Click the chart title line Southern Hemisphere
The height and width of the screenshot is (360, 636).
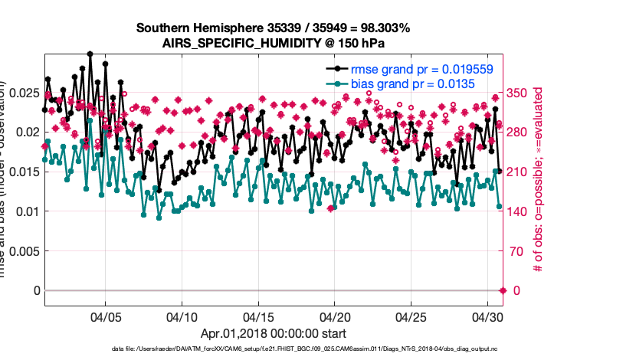coord(273,28)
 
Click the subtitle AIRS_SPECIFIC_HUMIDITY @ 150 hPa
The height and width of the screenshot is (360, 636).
coord(273,43)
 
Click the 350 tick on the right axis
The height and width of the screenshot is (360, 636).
coord(519,93)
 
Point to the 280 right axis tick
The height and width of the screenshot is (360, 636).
coord(519,132)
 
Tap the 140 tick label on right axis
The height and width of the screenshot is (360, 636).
coord(519,211)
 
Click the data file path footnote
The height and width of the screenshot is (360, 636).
coord(273,349)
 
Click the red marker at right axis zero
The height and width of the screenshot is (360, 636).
coord(503,290)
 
